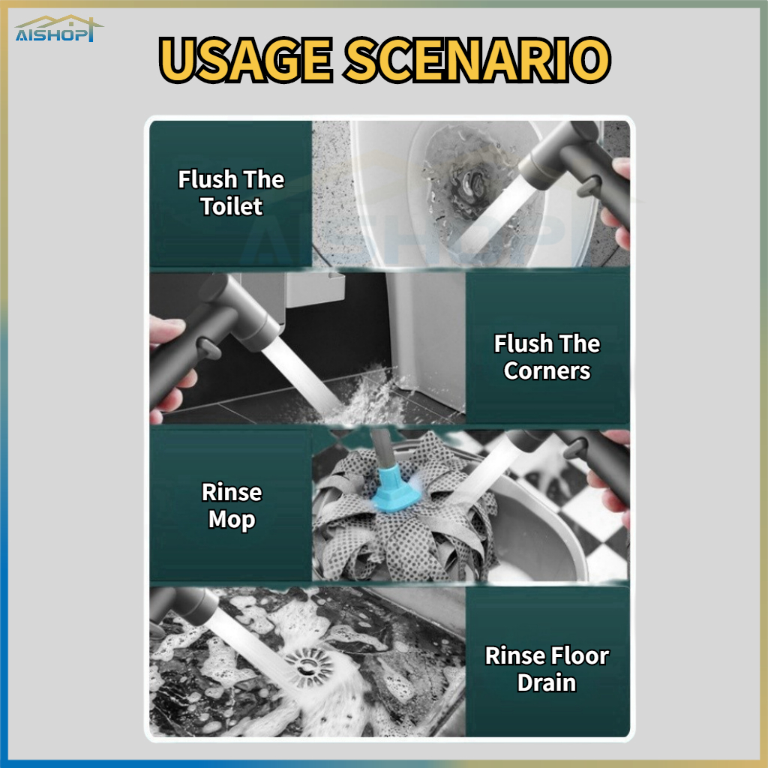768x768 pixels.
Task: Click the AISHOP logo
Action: click(x=58, y=29)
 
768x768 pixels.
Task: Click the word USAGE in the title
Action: click(x=246, y=60)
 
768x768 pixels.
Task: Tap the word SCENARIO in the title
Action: click(x=478, y=60)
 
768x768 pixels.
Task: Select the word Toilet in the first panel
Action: click(x=232, y=206)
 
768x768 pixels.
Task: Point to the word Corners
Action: click(x=547, y=370)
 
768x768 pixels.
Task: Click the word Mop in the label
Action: click(x=232, y=520)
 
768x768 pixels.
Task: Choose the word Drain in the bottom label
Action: click(x=547, y=682)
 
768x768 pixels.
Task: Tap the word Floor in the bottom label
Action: click(x=580, y=655)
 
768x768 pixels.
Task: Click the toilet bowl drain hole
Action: click(x=469, y=182)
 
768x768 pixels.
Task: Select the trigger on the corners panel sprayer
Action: click(x=209, y=349)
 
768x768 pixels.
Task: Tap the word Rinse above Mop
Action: click(x=232, y=492)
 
